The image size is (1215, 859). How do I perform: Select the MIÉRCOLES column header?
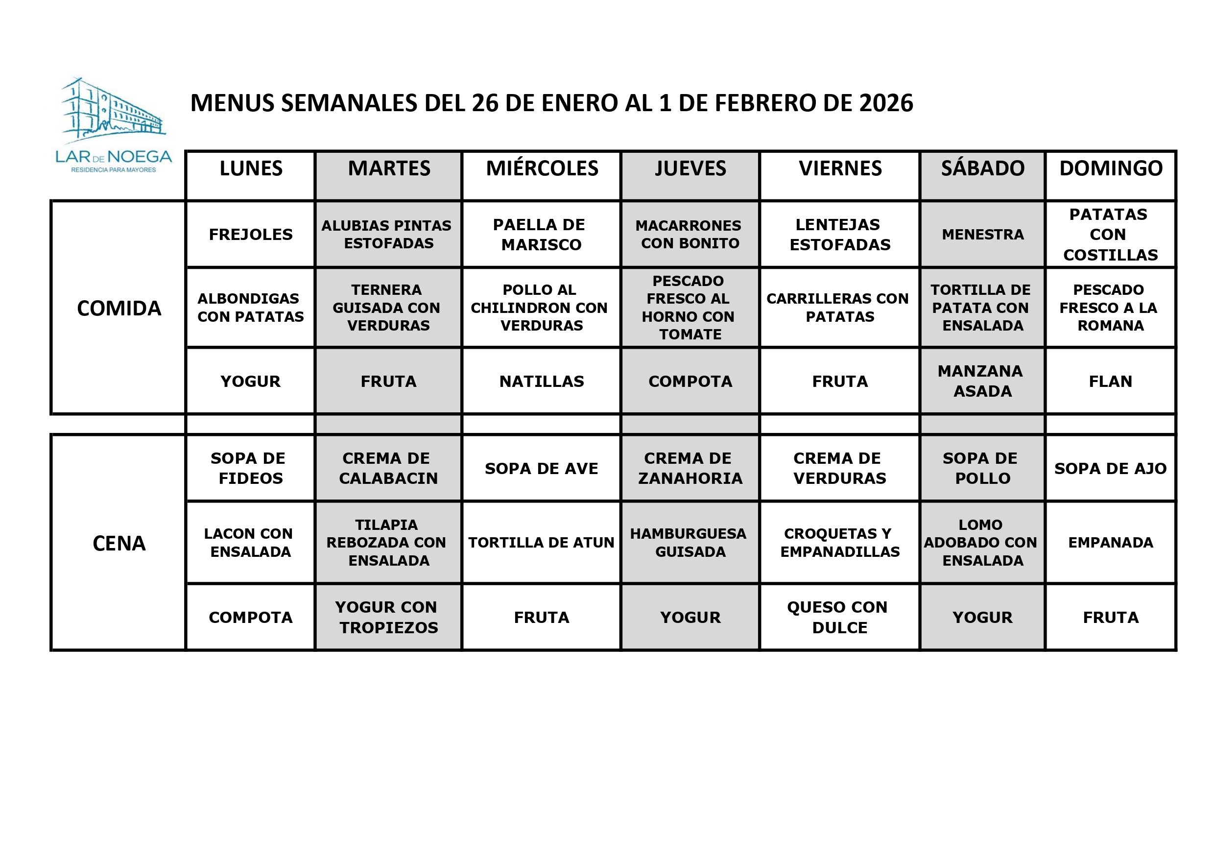542,169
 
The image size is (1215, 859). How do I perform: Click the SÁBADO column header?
983,169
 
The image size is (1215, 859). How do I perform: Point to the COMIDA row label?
119,309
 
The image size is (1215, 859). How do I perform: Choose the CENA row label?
119,544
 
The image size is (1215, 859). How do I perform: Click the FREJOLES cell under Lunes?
251,235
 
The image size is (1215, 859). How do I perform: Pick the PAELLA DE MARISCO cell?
540,235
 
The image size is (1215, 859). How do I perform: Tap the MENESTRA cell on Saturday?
983,235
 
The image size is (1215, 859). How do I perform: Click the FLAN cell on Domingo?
1110,382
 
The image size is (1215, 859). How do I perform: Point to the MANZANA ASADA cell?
981,381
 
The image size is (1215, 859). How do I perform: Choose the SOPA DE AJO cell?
1110,468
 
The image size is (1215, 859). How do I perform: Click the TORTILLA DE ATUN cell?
541,543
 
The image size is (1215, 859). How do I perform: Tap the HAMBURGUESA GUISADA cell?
689,543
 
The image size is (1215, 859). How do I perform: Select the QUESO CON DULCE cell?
838,617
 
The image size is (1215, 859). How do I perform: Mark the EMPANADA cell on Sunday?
1110,543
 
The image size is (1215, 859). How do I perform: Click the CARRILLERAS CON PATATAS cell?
838,308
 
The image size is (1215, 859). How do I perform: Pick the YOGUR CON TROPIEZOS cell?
388,617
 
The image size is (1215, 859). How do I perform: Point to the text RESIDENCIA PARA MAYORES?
113,170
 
